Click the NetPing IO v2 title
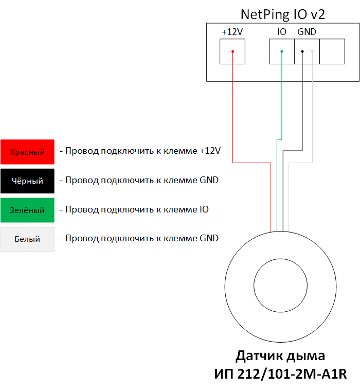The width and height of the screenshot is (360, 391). point(283,14)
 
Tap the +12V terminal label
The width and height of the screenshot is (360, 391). point(232,32)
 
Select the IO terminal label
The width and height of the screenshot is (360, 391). point(282,32)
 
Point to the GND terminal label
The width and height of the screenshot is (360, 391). point(307,32)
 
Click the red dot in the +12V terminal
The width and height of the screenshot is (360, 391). point(232,51)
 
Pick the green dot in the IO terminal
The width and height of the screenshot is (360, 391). point(282,51)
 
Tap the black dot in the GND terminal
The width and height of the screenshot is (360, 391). point(302,51)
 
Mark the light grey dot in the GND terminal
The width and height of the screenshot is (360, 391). point(312,51)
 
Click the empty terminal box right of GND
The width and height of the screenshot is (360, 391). point(332,51)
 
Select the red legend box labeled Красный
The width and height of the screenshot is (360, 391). point(27,152)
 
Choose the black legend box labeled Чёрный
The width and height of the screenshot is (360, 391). point(27,181)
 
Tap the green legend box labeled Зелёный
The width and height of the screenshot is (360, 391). point(27,210)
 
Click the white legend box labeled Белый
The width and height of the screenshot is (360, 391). point(27,239)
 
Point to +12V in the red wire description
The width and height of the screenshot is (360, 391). point(210,151)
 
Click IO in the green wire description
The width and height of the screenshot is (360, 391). point(204,209)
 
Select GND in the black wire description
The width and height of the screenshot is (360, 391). point(209,180)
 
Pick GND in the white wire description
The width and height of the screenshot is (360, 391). point(209,238)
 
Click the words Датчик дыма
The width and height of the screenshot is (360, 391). point(280,356)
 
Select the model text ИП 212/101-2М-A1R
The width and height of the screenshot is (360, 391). point(280,374)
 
